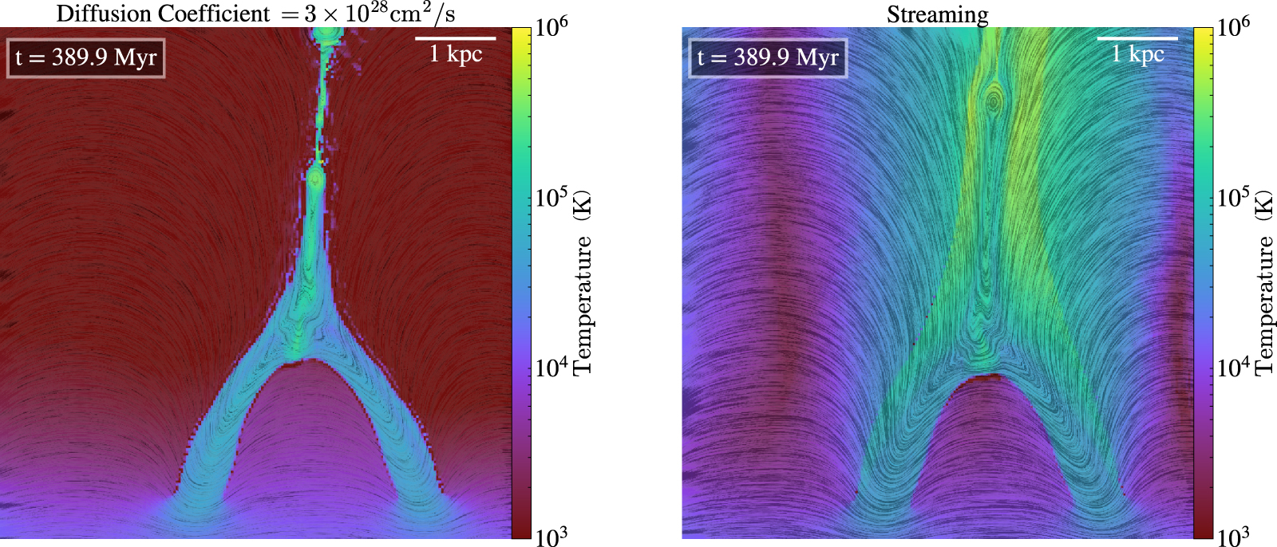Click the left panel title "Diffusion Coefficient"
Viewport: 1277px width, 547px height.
[163, 14]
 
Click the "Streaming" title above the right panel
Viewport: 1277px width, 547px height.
[937, 14]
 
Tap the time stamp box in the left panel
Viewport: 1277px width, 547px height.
[86, 57]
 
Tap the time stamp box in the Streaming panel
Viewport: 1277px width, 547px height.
[768, 57]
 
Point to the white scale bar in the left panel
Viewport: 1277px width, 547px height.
[455, 37]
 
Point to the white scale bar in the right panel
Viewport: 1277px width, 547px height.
[1137, 37]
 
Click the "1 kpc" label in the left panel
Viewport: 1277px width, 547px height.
[456, 54]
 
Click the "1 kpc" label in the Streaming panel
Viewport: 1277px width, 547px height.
[1138, 54]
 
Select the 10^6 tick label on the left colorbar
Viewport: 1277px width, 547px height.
[552, 26]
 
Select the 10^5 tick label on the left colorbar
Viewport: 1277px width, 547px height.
[552, 196]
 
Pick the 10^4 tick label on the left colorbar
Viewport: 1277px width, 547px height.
[552, 366]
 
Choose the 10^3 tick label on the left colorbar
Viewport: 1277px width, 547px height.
[552, 535]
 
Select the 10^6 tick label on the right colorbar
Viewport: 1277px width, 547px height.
[1233, 26]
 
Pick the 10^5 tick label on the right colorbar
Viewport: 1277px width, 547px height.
[1233, 196]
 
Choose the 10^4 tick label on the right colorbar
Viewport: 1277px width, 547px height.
[1233, 366]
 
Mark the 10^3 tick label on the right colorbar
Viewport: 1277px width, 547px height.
[1233, 535]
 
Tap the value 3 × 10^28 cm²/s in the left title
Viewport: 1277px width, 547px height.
[379, 14]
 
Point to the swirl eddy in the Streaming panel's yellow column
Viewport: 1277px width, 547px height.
[993, 101]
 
